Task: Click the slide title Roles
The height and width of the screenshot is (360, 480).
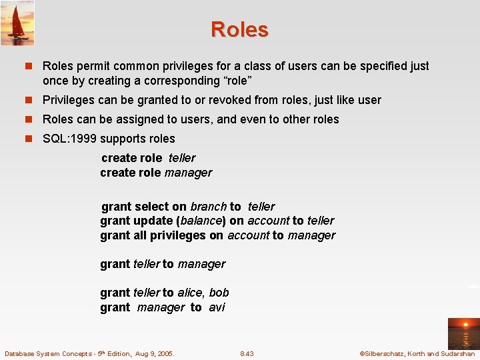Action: (x=239, y=30)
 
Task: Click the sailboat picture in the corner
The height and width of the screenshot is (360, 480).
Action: (x=17, y=23)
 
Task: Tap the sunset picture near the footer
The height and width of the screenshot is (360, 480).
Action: (x=463, y=333)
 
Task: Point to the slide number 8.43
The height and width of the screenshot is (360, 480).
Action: (x=247, y=353)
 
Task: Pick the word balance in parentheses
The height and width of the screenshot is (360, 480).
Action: (x=201, y=221)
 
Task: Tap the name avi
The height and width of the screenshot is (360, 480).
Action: (x=217, y=307)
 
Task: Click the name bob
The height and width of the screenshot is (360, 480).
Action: (x=219, y=293)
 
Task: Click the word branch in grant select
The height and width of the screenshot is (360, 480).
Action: (x=208, y=207)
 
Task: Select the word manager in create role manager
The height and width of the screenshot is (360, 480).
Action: (x=188, y=173)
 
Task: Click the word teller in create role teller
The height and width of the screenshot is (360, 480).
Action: (x=182, y=158)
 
